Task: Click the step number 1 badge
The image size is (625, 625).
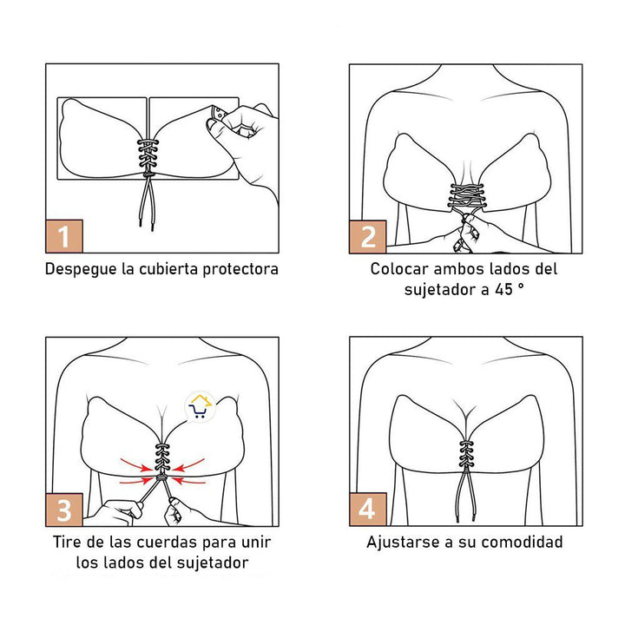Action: [65, 234]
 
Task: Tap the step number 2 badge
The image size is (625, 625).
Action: [368, 235]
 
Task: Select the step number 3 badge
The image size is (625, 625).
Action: [65, 508]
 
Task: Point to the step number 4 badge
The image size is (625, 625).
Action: [368, 508]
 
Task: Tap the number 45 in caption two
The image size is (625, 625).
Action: [503, 290]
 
